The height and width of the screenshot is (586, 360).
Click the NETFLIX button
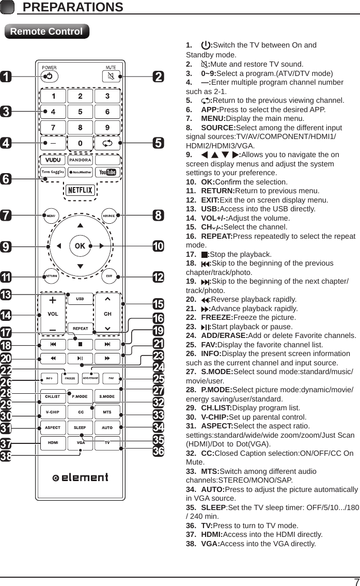(x=80, y=190)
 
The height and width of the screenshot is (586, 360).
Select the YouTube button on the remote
(x=108, y=172)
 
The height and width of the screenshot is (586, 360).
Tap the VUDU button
(x=52, y=160)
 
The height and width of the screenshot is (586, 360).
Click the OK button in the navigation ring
(x=80, y=246)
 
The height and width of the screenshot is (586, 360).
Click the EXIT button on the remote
(x=109, y=276)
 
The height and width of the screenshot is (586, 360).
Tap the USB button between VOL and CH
(x=80, y=299)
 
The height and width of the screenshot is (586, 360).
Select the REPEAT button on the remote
(x=80, y=328)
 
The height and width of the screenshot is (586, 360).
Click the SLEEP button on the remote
(x=80, y=428)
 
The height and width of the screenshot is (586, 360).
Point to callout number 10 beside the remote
(x=158, y=246)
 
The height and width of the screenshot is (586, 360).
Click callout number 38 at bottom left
(x=6, y=457)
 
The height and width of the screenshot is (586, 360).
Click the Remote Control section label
(x=46, y=32)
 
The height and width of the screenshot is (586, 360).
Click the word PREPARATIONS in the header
(x=73, y=7)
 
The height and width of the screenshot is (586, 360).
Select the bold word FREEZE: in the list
(x=217, y=318)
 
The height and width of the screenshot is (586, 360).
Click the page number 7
(x=356, y=581)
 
